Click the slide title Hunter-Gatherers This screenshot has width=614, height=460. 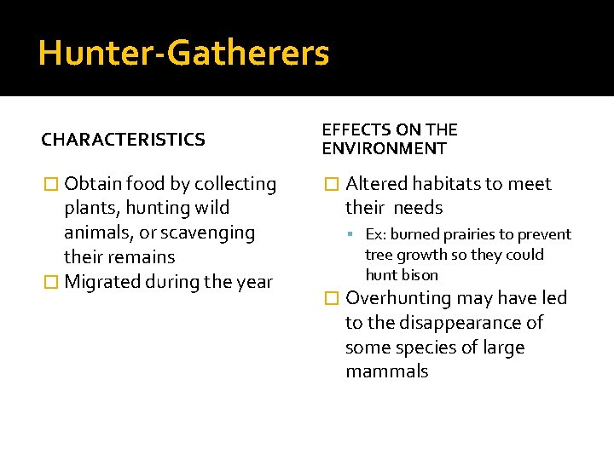[x=183, y=53]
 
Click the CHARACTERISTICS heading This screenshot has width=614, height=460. [x=123, y=140]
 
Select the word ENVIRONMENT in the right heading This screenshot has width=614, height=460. [x=384, y=149]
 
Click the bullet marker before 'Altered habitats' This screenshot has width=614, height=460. [x=332, y=184]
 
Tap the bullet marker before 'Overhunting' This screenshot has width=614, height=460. [x=332, y=298]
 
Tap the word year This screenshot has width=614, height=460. [x=253, y=282]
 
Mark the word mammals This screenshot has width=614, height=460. [x=386, y=371]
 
